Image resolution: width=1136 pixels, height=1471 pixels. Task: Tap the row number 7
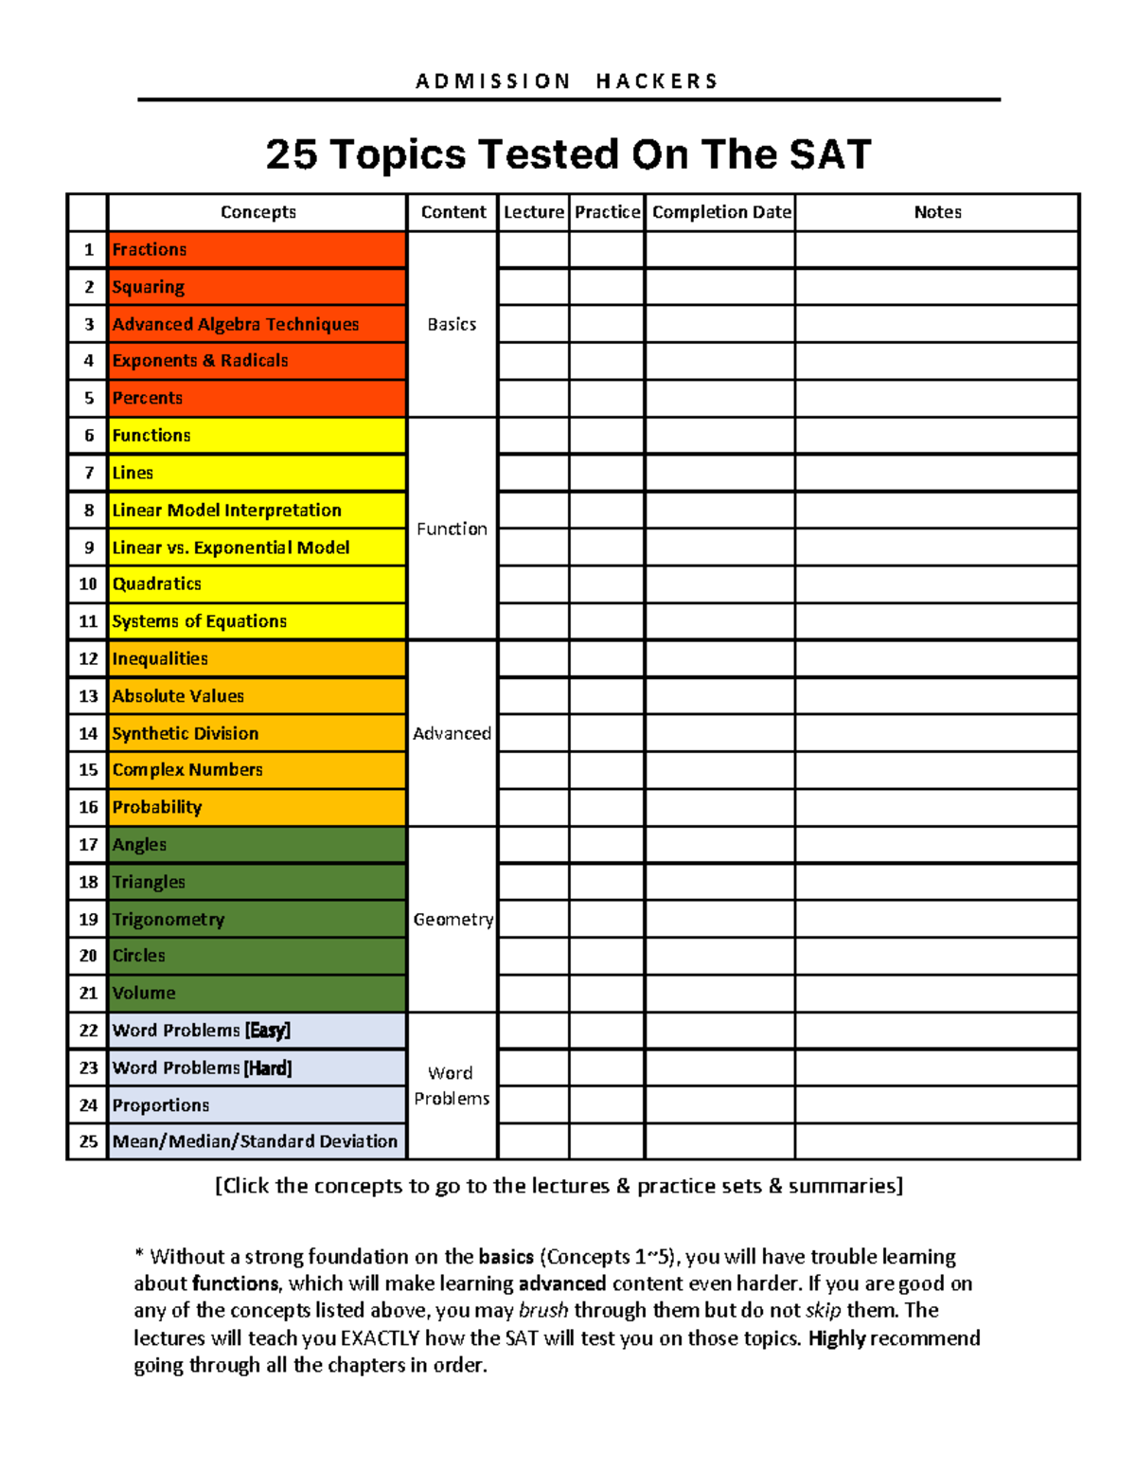[x=89, y=473]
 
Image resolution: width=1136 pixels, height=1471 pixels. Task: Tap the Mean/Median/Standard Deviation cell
[x=256, y=1141]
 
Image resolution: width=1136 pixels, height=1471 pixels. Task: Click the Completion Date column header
[x=721, y=212]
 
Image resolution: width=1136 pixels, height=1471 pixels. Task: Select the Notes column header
[x=937, y=212]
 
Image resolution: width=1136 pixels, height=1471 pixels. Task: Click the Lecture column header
[x=534, y=212]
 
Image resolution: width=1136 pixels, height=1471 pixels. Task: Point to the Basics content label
[x=452, y=324]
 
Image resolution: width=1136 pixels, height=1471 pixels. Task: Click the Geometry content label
[x=453, y=919]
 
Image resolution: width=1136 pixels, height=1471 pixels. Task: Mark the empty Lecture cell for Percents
[x=534, y=399]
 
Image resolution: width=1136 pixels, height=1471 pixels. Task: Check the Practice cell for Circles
[x=607, y=956]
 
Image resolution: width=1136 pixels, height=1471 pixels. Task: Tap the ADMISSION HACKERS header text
[x=568, y=81]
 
